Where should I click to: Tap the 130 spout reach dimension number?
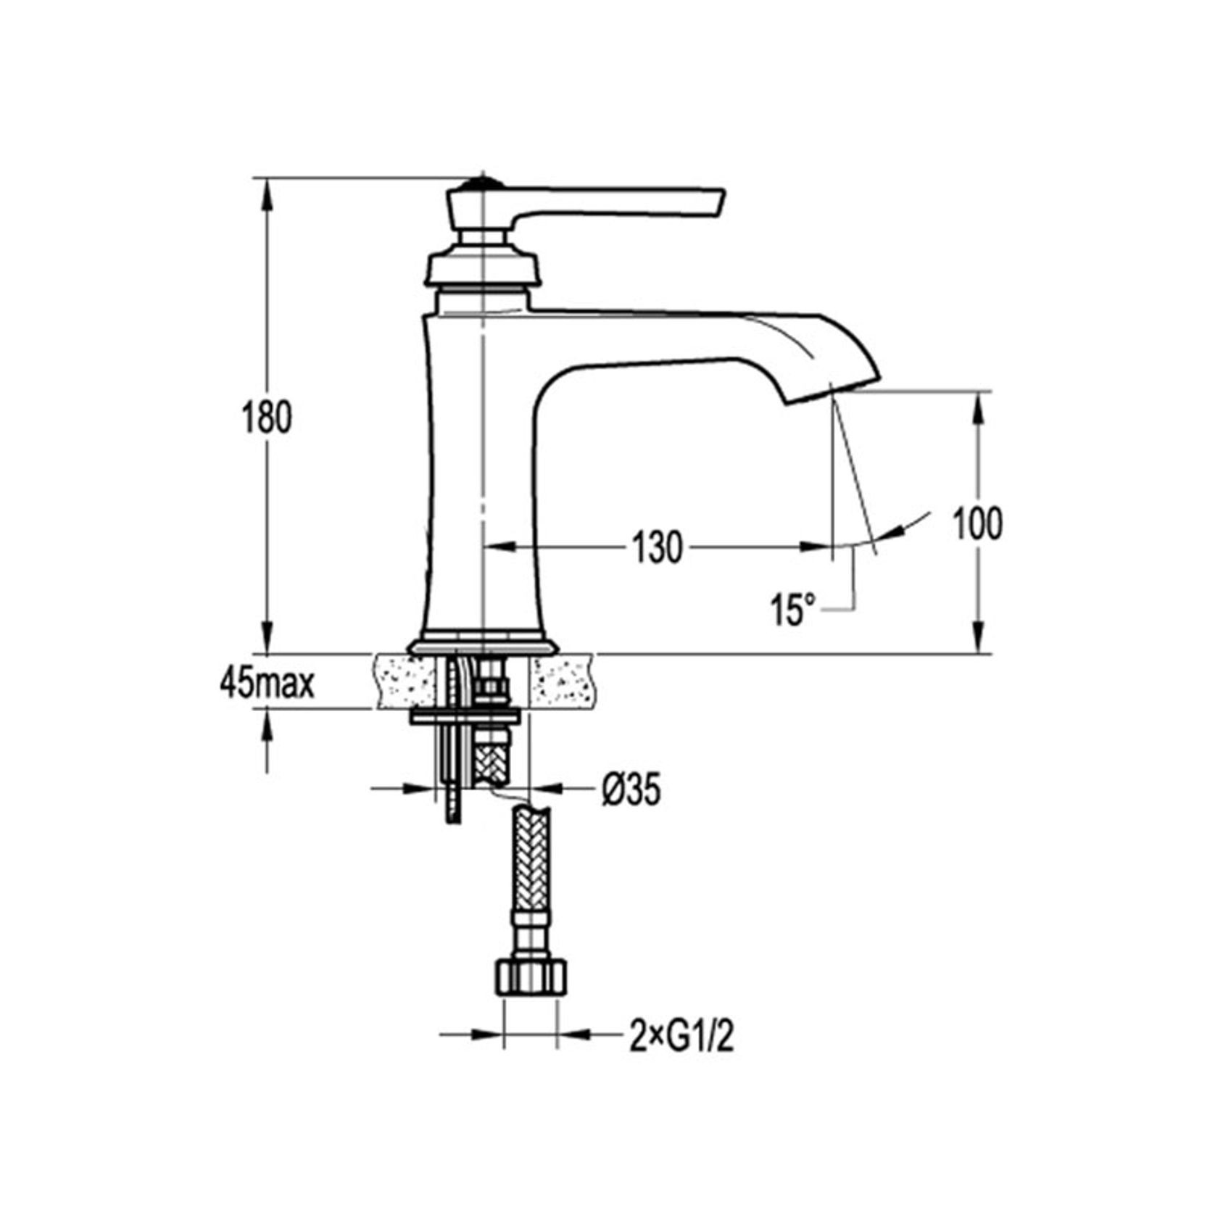tap(658, 547)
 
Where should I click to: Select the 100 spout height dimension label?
tap(976, 523)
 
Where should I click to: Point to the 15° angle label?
tap(793, 610)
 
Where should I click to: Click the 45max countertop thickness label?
tap(268, 683)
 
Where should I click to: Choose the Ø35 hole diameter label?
tap(630, 789)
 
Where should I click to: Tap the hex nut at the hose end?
tap(530, 979)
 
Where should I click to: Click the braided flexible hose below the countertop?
tap(532, 870)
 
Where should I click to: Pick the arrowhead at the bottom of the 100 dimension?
tap(978, 641)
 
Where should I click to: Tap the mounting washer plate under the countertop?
tap(465, 717)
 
